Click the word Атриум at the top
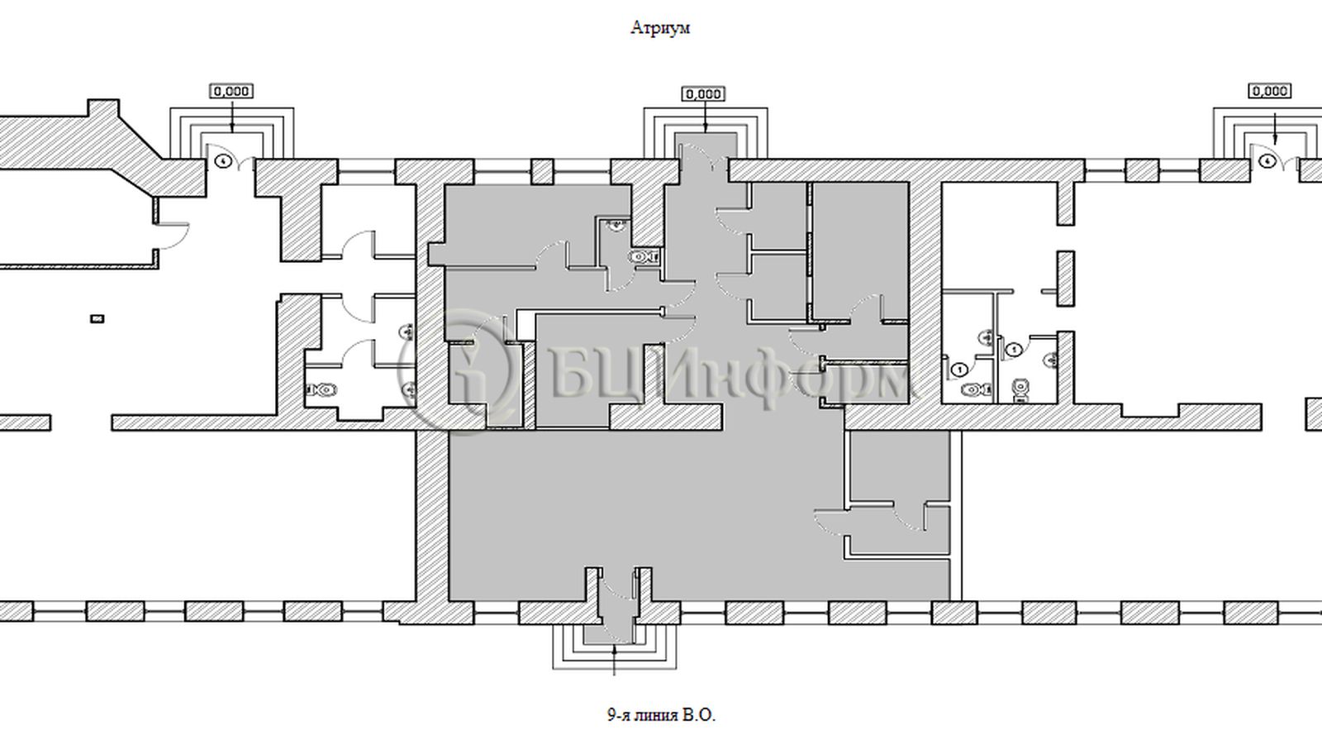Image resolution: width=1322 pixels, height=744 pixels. click(660, 28)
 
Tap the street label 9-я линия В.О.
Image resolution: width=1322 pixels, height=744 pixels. click(661, 716)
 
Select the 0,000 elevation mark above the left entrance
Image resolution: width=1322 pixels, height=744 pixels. click(231, 92)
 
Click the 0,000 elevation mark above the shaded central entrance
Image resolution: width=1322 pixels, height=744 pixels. click(703, 94)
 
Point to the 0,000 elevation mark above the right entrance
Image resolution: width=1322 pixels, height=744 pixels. click(1269, 92)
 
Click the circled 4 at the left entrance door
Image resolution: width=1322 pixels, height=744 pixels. click(222, 160)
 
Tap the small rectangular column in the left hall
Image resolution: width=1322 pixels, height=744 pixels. click(97, 319)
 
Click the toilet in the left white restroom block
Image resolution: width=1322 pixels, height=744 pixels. click(321, 389)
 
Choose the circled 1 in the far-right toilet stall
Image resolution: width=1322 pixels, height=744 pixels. click(1015, 351)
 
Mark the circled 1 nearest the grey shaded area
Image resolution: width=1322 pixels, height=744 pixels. click(959, 370)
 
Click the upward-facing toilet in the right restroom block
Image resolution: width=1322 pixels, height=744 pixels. click(1020, 390)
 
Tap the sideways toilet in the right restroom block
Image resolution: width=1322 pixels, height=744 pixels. click(977, 390)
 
